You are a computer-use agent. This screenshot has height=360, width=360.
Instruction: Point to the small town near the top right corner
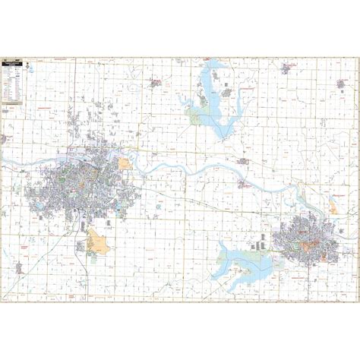[x=288, y=68]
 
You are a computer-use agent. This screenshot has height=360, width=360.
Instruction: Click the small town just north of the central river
[x=244, y=161]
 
